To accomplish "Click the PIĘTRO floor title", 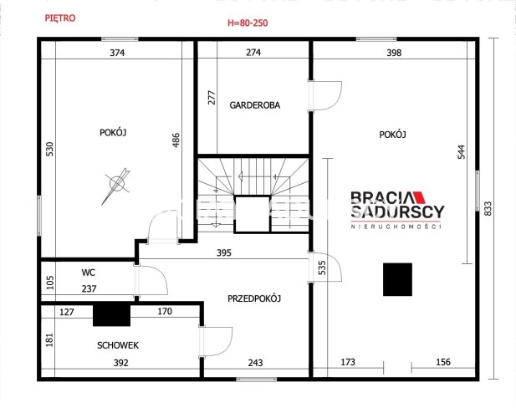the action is (x=60, y=18).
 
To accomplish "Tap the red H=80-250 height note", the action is (x=248, y=23).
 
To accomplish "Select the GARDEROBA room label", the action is (x=255, y=105).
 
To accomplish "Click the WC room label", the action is (x=88, y=273).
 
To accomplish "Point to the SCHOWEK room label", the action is (x=118, y=345).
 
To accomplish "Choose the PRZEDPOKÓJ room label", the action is (x=254, y=298).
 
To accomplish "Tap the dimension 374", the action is (x=117, y=53).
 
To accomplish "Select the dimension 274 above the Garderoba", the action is (x=253, y=53).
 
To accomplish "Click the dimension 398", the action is (x=394, y=53).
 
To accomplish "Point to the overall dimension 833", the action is (x=488, y=208).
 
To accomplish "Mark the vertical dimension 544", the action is (x=462, y=152).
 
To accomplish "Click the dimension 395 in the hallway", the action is (x=224, y=253).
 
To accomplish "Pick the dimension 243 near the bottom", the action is (x=255, y=363).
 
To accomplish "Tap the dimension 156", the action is (x=443, y=362).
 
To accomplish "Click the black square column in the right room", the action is (x=397, y=279).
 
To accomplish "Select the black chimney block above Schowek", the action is (x=111, y=315).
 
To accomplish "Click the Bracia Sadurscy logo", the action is (x=397, y=210).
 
